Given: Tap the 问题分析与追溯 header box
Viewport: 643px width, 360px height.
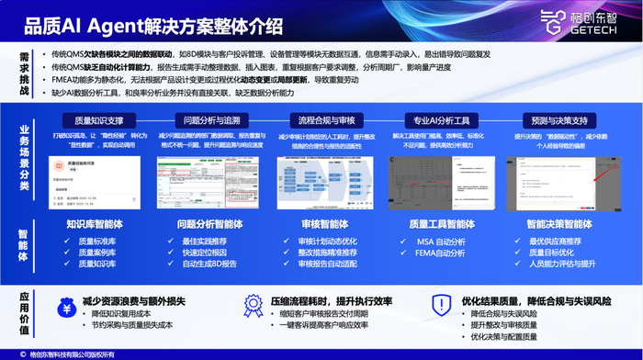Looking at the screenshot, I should [x=211, y=119].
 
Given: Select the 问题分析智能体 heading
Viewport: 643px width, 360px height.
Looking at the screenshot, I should [x=211, y=223].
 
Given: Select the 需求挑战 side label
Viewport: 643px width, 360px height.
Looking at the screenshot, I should [x=21, y=68].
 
